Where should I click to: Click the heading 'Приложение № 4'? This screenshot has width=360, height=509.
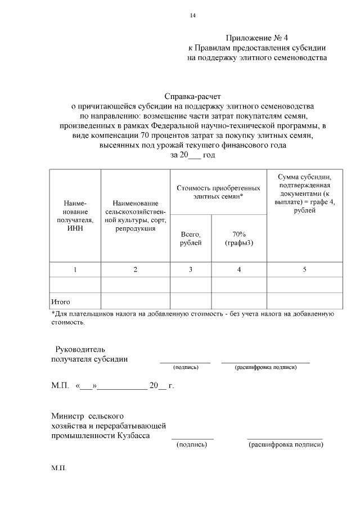coord(256,38)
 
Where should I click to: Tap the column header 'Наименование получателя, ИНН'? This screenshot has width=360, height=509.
coord(75,215)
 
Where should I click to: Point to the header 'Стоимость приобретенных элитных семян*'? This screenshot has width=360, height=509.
coord(218,192)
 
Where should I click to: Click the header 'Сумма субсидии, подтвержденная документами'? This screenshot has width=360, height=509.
coord(304,193)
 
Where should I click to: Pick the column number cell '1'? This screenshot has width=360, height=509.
coord(75,270)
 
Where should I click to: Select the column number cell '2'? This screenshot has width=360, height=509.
coord(135,270)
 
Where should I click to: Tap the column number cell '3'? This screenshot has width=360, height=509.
coord(191,270)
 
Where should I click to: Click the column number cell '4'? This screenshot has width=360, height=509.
coord(239,270)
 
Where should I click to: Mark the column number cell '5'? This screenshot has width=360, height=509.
coord(304,270)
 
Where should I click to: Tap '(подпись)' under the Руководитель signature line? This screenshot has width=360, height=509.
coord(186,367)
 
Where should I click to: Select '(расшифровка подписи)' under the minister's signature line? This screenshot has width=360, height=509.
coord(285,445)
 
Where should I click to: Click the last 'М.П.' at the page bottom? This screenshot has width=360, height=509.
coord(58,468)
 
